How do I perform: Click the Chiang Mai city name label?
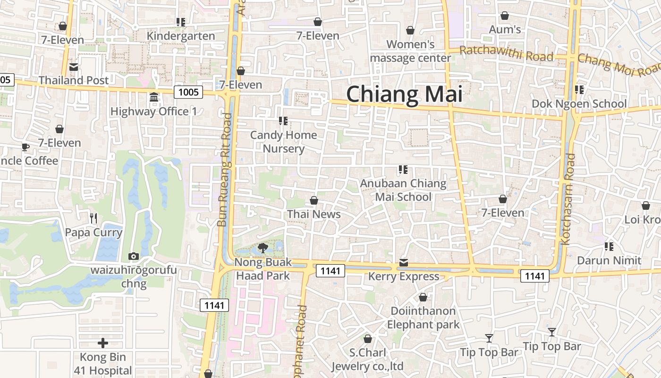(x=404, y=94)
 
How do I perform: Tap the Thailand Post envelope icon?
(x=74, y=67)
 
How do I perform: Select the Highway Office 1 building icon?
(x=153, y=97)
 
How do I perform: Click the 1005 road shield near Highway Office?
(x=189, y=92)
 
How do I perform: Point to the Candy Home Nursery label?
(x=283, y=142)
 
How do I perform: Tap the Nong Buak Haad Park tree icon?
(x=263, y=248)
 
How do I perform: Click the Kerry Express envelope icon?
(x=403, y=263)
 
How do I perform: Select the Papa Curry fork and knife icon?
(x=93, y=218)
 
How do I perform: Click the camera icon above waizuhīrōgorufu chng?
(x=134, y=256)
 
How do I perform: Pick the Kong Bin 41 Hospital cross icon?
(x=102, y=343)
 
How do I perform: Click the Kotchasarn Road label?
(x=568, y=198)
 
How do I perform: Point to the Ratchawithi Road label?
(x=506, y=53)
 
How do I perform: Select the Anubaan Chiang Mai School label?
(x=403, y=190)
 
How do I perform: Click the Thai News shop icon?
(x=314, y=200)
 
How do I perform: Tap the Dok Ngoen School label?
(x=579, y=103)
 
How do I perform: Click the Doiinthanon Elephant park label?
(x=423, y=318)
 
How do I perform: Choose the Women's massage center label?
(x=410, y=51)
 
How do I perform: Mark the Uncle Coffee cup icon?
(x=25, y=147)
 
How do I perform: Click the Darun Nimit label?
(x=609, y=260)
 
